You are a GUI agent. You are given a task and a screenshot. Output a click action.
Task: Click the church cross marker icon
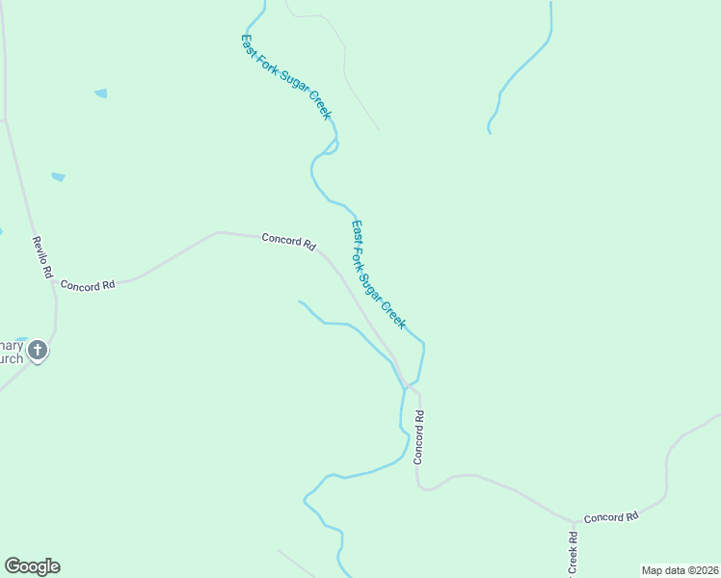[38, 351]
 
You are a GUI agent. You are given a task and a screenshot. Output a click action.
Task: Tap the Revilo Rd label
[41, 257]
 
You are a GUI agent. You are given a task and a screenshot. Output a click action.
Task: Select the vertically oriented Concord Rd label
[419, 437]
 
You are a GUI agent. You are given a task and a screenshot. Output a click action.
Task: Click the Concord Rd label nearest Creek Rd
[611, 517]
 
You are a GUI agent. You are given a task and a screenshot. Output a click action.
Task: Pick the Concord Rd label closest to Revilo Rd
[87, 285]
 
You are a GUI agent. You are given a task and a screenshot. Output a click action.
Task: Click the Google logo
[32, 566]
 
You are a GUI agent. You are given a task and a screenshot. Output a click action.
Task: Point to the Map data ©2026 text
[680, 570]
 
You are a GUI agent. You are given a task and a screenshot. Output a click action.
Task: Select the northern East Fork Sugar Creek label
[286, 77]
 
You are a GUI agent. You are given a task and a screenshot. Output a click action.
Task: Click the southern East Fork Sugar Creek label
[378, 275]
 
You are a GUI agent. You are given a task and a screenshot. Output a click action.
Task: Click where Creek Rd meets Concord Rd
[575, 523]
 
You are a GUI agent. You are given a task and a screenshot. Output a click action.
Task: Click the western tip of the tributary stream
[300, 302]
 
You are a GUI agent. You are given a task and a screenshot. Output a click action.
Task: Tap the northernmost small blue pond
[100, 93]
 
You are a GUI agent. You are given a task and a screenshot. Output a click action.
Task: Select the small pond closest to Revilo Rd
[58, 177]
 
